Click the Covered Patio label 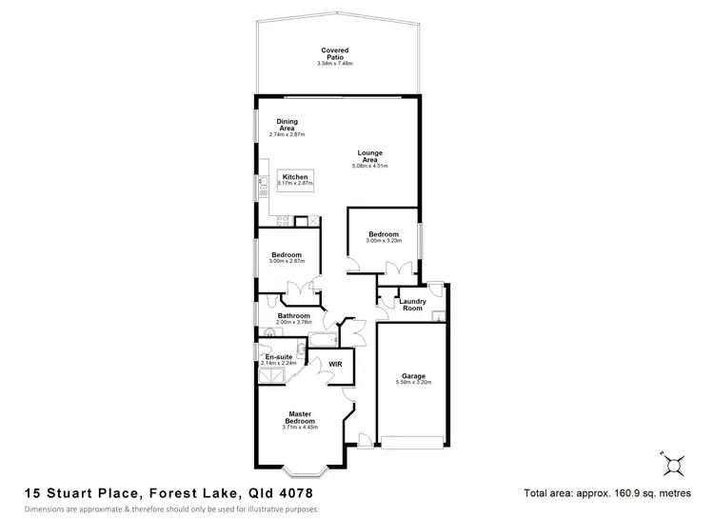pos(334,53)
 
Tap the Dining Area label pos(287,125)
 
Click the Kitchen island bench pos(295,179)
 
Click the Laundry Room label pos(412,305)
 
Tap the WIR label pos(335,364)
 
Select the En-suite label pos(277,356)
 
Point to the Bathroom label pos(294,315)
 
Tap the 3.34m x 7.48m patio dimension pos(334,64)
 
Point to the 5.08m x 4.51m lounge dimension pos(371,166)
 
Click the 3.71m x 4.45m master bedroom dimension pos(304,428)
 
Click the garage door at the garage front pos(411,440)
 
